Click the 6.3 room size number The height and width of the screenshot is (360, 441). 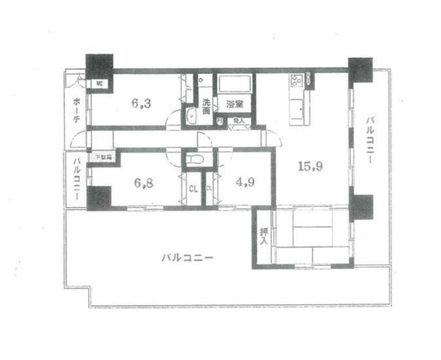pos(141,105)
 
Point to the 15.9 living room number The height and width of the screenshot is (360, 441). pos(307,166)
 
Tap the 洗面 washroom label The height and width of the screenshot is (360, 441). pos(206,107)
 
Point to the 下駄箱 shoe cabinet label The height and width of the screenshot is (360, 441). pos(103,158)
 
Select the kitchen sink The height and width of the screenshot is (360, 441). pos(298,107)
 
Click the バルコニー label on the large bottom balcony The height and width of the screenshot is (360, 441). pos(187,258)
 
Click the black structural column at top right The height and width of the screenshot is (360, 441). pos(360,69)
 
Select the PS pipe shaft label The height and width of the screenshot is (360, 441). pos(219,120)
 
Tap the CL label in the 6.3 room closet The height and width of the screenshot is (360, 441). pos(189,88)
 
